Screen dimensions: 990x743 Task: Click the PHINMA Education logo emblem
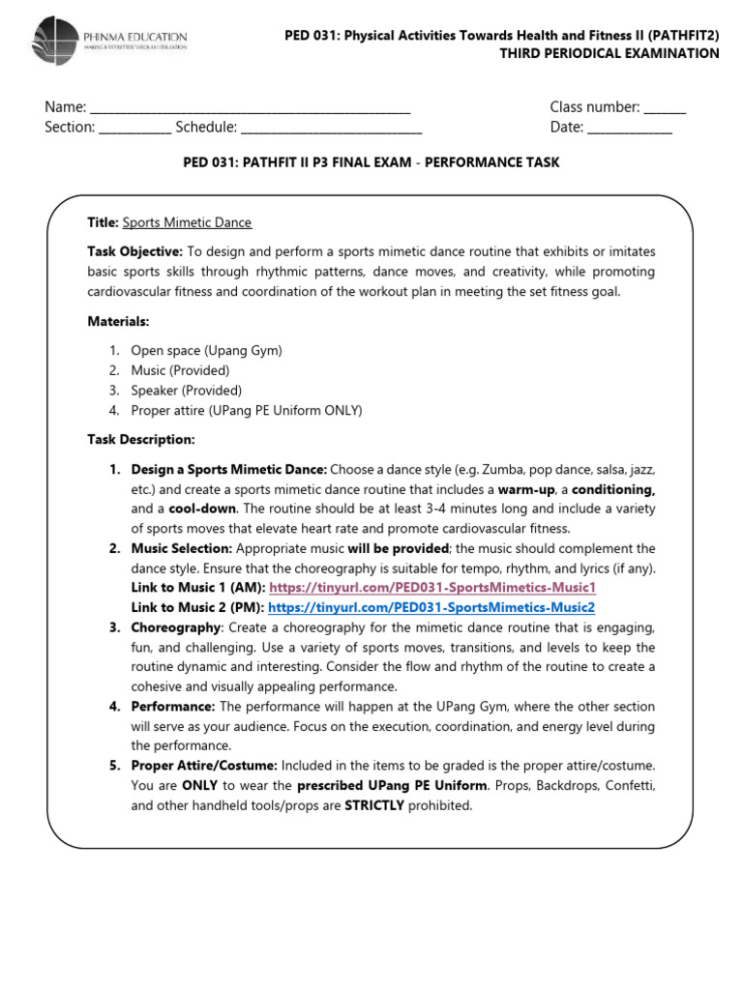click(59, 43)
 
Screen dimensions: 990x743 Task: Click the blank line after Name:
click(250, 108)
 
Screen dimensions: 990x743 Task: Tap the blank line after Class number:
click(665, 108)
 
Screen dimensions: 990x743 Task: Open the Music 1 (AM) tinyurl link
click(432, 588)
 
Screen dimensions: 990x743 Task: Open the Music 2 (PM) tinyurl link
click(431, 607)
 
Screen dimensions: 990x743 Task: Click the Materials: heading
click(119, 321)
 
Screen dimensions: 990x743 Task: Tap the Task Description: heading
click(141, 440)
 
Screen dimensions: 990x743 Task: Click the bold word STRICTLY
click(374, 805)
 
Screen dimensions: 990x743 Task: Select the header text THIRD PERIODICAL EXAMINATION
click(609, 54)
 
